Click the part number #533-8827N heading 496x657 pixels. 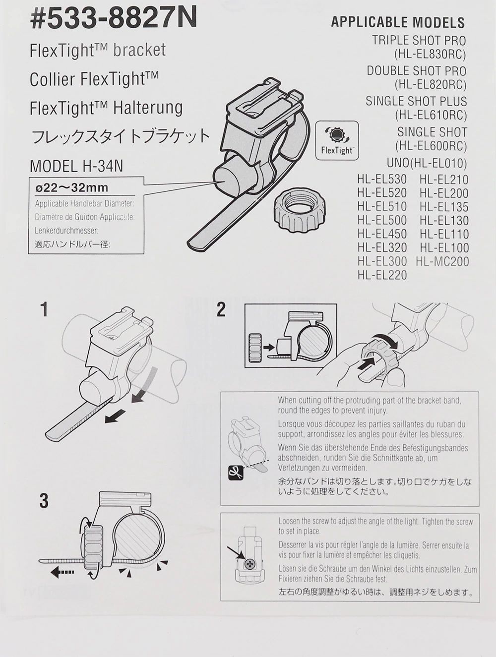[114, 19]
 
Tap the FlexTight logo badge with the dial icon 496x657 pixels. [337, 140]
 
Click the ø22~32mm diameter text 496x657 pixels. [71, 187]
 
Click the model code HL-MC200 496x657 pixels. [442, 262]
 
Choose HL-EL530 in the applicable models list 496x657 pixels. [382, 179]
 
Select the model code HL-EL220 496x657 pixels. [382, 275]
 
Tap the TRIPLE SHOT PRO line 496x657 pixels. [419, 40]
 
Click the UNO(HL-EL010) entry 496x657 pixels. [427, 163]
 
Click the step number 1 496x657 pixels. [44, 309]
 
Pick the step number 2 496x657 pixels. [221, 309]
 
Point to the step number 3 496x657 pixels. [44, 501]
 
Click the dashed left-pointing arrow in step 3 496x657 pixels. [62, 573]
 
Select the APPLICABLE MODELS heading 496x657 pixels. [398, 22]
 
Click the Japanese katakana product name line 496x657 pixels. [121, 136]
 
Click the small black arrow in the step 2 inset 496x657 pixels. [270, 348]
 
